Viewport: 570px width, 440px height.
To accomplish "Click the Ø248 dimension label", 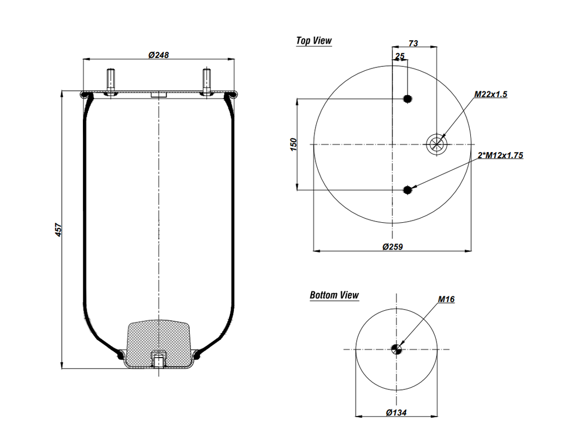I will coord(159,55).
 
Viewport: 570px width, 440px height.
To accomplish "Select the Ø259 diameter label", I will coord(392,246).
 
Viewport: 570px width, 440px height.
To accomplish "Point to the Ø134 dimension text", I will coord(396,413).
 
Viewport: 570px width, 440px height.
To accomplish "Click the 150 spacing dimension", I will coord(293,144).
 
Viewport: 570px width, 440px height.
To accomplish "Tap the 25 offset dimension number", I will coord(400,56).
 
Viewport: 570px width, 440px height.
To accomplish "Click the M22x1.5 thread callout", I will coord(490,95).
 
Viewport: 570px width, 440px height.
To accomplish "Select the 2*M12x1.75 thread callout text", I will coord(500,155).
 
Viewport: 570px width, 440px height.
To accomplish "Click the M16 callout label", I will coord(446,299).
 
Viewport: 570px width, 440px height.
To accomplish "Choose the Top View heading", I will coord(313,41).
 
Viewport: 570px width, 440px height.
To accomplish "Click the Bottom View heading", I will coord(334,295).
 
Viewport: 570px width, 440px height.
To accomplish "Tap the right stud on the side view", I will coord(207,81).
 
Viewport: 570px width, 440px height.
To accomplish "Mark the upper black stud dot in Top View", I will coord(407,99).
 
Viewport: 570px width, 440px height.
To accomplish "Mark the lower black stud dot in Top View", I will coord(407,190).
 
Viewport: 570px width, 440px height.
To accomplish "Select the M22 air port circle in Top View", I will coord(436,144).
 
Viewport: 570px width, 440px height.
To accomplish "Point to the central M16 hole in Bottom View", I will coord(396,349).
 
